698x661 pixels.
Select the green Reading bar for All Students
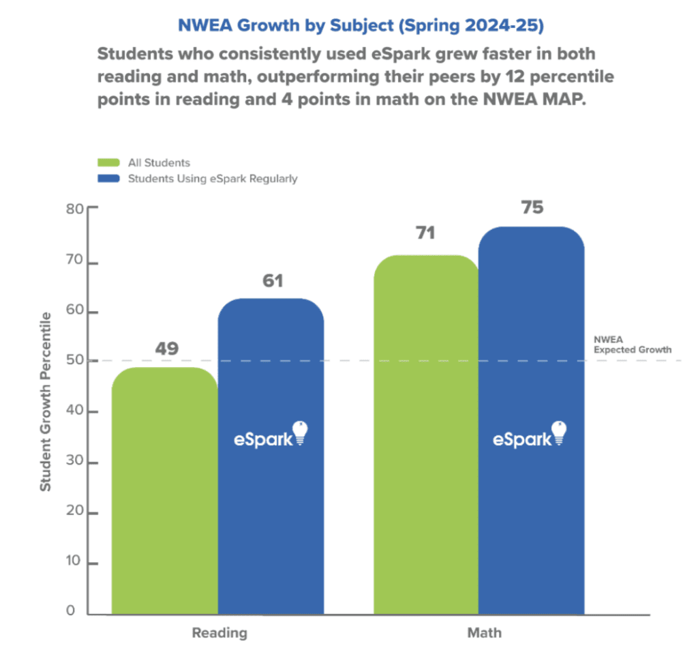pos(164,491)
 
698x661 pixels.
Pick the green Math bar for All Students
pos(427,437)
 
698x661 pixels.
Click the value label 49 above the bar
pos(166,349)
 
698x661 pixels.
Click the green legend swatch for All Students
pos(106,163)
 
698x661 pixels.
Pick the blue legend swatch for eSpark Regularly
pos(106,179)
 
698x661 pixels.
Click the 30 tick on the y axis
pos(74,462)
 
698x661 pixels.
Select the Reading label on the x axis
pos(219,633)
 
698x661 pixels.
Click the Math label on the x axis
pos(485,633)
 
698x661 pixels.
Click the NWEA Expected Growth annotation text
pos(632,344)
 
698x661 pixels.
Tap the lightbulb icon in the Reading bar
pos(300,433)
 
